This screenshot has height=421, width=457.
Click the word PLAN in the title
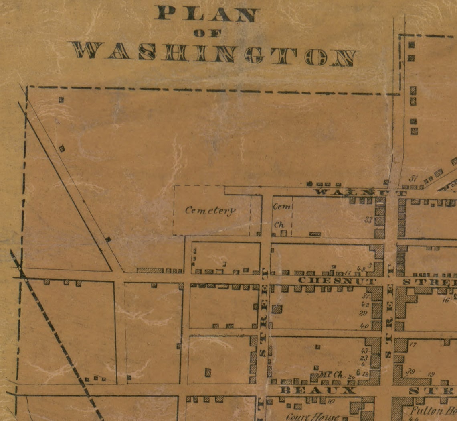click(206, 14)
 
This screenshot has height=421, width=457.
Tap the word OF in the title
click(207, 34)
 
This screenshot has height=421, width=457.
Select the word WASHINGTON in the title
click(214, 55)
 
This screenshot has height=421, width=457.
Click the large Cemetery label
click(210, 210)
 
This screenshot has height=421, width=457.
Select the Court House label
click(312, 417)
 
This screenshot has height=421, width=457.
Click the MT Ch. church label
click(332, 375)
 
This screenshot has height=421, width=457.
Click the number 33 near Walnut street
click(369, 220)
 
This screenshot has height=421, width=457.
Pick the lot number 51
click(413, 179)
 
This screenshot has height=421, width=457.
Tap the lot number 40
click(364, 326)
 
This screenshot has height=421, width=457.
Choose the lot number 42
click(365, 305)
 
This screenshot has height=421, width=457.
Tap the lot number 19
click(431, 374)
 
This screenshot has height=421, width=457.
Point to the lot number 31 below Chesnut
click(365, 297)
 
